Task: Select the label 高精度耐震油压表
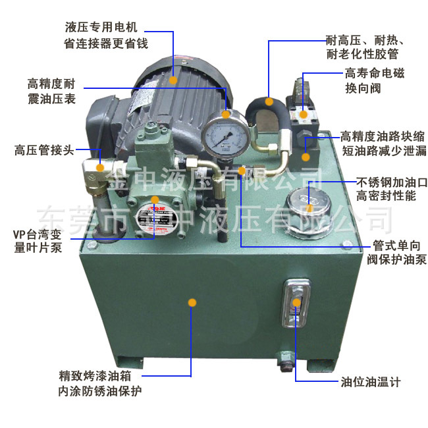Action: click(51, 91)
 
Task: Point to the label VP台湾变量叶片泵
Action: click(41, 241)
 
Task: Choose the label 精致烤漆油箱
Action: click(99, 378)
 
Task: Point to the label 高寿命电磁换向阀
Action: click(375, 80)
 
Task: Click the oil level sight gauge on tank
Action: click(296, 303)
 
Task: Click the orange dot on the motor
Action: click(174, 79)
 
